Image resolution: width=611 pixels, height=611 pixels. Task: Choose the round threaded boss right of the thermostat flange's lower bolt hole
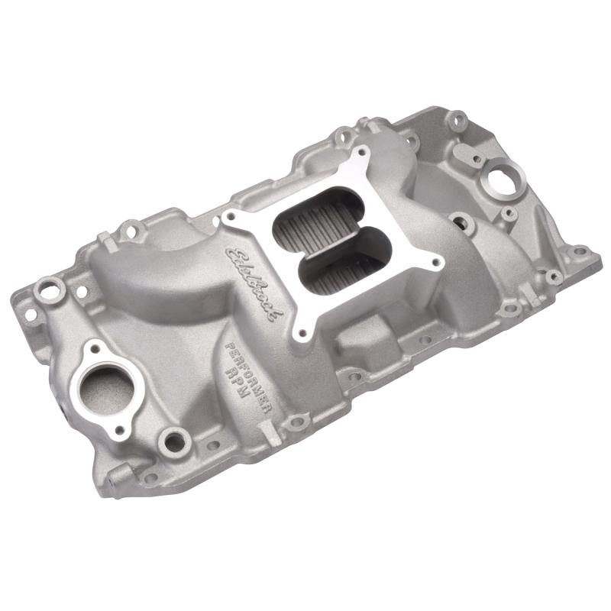(175, 440)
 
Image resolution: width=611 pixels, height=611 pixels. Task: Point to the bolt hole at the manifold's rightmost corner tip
(580, 251)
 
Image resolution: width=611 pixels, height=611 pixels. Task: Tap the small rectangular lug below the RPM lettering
(267, 435)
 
